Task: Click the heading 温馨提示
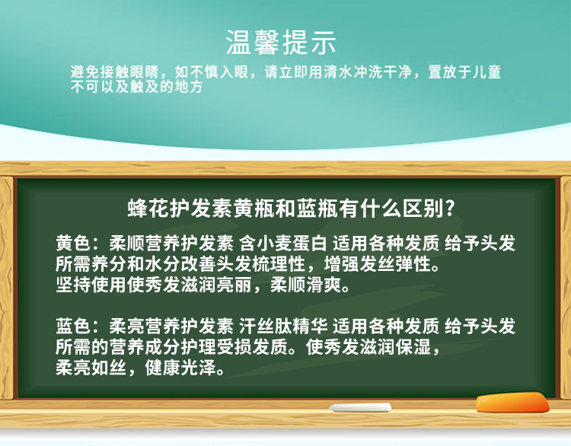pos(280,42)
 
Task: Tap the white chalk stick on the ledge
pos(360,407)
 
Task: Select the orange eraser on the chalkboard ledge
pos(512,403)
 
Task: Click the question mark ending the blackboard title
pos(450,209)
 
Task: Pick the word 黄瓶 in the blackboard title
pos(254,209)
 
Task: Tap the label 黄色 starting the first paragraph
pos(73,243)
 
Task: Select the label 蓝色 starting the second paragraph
pos(73,326)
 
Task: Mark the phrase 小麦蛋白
pos(292,243)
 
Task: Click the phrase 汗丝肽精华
pos(283,326)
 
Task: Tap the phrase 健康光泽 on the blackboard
pos(180,368)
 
